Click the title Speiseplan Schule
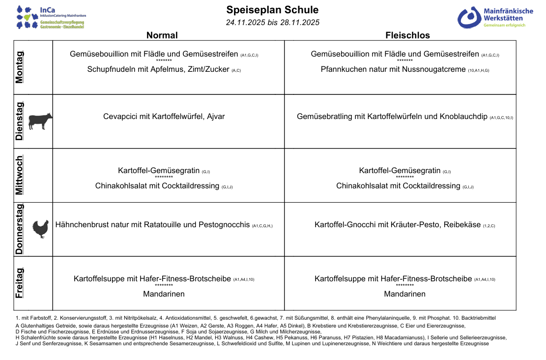tap(272, 10)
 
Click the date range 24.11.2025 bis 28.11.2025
tap(272, 23)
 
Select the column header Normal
tap(162, 35)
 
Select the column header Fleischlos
tap(407, 35)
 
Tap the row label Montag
tap(19, 67)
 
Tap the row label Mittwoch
tap(19, 176)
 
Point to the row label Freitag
tap(19, 283)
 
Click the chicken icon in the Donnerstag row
tap(40, 229)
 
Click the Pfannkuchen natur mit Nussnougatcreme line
tap(393, 69)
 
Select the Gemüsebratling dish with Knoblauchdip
tap(392, 117)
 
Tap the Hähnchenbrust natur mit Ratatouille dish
tap(153, 225)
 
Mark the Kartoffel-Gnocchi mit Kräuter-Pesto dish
tap(398, 225)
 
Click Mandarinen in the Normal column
tap(164, 294)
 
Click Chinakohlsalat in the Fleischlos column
tap(398, 186)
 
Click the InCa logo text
tap(48, 9)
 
